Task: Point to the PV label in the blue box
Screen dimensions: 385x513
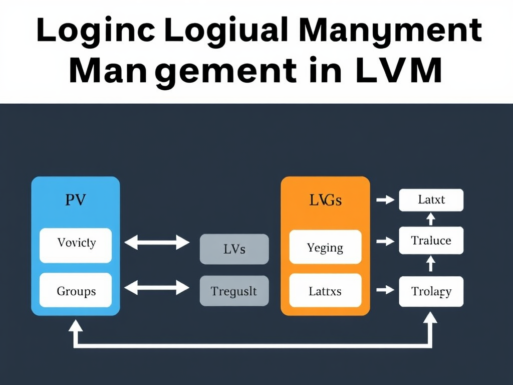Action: (x=76, y=200)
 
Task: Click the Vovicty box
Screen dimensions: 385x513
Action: (x=76, y=245)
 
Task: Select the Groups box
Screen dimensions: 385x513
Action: (x=76, y=291)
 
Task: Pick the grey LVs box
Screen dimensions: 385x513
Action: (x=234, y=249)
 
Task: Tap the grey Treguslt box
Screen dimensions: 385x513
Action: (x=234, y=291)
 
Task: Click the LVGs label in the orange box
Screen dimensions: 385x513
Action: (x=325, y=201)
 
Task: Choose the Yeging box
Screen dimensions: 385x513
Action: (x=325, y=247)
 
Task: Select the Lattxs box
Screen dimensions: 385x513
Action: (x=325, y=291)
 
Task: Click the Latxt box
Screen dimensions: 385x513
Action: (x=431, y=200)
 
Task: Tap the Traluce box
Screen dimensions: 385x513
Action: (x=431, y=240)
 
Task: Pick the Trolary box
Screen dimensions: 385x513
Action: (x=431, y=291)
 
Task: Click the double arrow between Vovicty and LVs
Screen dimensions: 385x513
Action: (x=157, y=244)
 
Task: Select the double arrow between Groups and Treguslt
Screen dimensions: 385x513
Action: (x=157, y=288)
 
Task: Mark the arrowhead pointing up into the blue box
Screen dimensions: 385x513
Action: (x=76, y=326)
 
